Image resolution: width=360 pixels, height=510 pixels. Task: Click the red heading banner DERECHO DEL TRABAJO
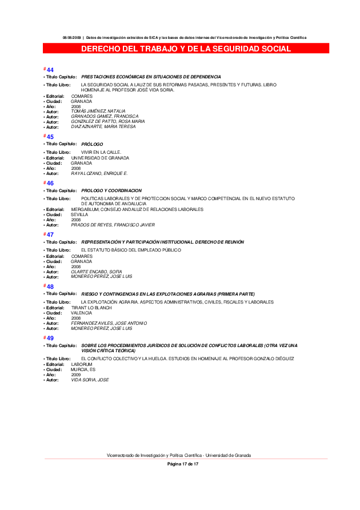pyautogui.click(x=186, y=49)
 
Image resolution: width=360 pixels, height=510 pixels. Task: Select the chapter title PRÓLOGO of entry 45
pyautogui.click(x=93, y=144)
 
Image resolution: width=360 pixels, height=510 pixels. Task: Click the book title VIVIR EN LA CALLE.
pyautogui.click(x=101, y=152)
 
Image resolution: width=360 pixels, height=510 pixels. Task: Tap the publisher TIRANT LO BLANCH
pyautogui.click(x=91, y=308)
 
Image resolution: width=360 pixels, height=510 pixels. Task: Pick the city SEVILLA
pyautogui.click(x=79, y=214)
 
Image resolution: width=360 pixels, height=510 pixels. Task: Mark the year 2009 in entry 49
pyautogui.click(x=76, y=374)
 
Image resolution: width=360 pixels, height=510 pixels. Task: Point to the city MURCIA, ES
pyautogui.click(x=83, y=369)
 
